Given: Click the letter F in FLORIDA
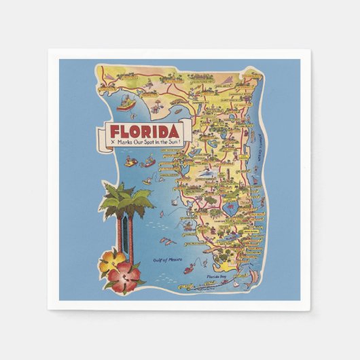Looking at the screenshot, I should [115, 131].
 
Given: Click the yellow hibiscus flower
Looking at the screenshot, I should [111, 261].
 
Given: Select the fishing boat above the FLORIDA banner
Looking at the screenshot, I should [125, 104].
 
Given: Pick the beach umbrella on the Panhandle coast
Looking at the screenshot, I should [156, 102].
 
